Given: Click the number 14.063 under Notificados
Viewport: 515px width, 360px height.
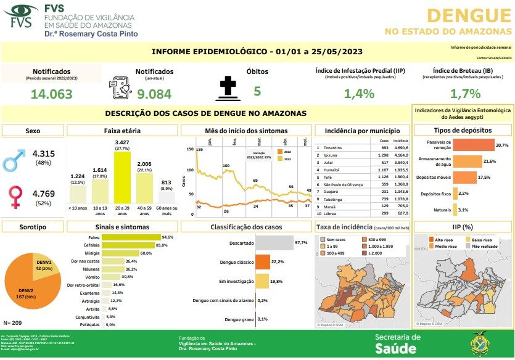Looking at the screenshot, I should (x=51, y=94).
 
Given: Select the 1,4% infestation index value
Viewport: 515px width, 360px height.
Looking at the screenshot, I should (x=360, y=94).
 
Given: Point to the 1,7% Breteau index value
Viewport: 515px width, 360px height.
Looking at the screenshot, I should (x=465, y=94).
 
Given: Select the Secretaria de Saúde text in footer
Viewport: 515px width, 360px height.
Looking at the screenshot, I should (x=398, y=343).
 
